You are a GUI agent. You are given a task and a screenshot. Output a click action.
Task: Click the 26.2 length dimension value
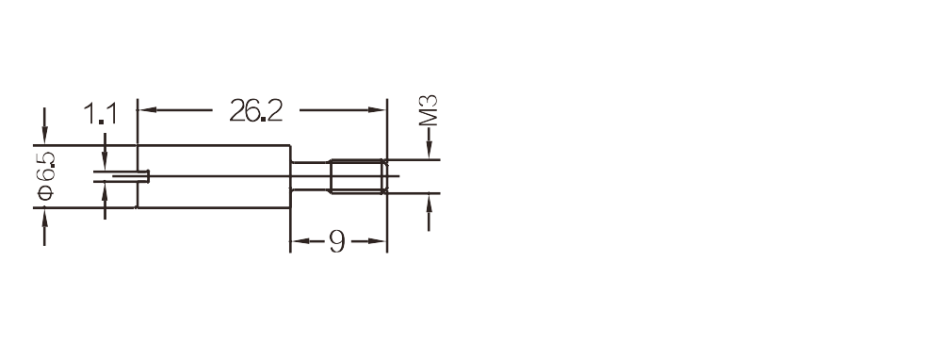pyautogui.click(x=256, y=110)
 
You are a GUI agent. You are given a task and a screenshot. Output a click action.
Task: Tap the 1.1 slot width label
pyautogui.click(x=101, y=114)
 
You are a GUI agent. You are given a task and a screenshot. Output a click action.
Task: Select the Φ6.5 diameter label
pyautogui.click(x=45, y=176)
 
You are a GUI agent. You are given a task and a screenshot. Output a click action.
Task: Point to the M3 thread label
pyautogui.click(x=429, y=110)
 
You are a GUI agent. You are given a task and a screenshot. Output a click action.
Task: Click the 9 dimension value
pyautogui.click(x=337, y=241)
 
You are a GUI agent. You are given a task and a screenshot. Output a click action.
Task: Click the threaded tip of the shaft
pyautogui.click(x=357, y=176)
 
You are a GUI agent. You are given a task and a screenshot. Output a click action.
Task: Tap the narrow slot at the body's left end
pyautogui.click(x=122, y=176)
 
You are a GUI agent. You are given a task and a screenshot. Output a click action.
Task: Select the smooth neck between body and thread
pyautogui.click(x=310, y=176)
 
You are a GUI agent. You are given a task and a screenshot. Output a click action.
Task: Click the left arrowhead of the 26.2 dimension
pyautogui.click(x=147, y=110)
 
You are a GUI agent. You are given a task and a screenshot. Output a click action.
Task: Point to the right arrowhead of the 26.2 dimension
pyautogui.click(x=377, y=110)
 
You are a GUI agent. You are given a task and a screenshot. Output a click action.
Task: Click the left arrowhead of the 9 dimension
pyautogui.click(x=300, y=241)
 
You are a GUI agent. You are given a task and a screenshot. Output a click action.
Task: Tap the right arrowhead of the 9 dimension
pyautogui.click(x=377, y=241)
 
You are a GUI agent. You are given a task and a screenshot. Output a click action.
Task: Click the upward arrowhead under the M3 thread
pyautogui.click(x=429, y=204)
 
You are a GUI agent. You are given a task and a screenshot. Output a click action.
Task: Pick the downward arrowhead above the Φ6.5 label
pyautogui.click(x=44, y=135)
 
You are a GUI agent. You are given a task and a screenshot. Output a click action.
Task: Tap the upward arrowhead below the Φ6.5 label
pyautogui.click(x=44, y=218)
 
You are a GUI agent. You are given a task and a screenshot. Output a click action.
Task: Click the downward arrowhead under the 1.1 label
pyautogui.click(x=105, y=160)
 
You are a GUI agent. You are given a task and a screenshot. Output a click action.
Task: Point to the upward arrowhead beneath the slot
pyautogui.click(x=105, y=191)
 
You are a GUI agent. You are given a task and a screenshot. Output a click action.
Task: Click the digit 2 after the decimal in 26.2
pyautogui.click(x=274, y=110)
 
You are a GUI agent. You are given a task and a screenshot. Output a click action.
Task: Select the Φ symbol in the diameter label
pyautogui.click(x=45, y=193)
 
